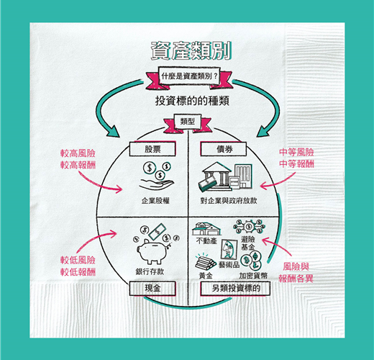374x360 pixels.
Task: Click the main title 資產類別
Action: [x=191, y=50]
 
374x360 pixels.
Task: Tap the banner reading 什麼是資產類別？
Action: [x=189, y=76]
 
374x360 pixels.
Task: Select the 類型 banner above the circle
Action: [x=188, y=122]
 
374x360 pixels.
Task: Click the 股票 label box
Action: [x=152, y=149]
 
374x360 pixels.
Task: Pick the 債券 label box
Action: [x=224, y=149]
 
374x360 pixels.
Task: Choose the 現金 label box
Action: [x=152, y=288]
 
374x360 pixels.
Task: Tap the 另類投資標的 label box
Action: [x=235, y=288]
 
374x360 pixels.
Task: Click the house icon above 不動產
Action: [x=206, y=229]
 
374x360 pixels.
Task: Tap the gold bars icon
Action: [x=205, y=261]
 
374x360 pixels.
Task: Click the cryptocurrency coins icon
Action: [x=251, y=261]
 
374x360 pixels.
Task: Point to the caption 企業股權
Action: [x=155, y=201]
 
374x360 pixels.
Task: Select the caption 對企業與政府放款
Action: [x=229, y=201]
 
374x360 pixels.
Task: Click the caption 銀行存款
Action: [x=150, y=271]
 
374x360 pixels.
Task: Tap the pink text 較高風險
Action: [x=78, y=153]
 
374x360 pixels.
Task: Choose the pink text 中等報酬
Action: [x=296, y=163]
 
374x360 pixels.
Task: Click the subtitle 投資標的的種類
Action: [x=192, y=101]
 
